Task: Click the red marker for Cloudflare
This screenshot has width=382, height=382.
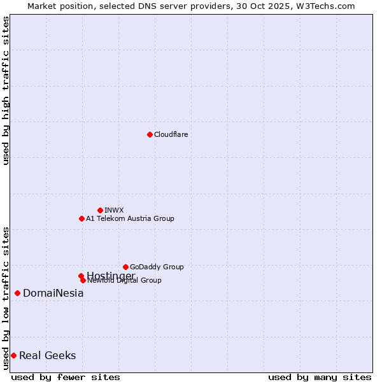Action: (x=150, y=134)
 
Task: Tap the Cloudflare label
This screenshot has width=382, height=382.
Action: (x=171, y=134)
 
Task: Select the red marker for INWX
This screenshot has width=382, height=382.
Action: (x=100, y=210)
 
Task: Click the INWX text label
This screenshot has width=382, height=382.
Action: (x=114, y=210)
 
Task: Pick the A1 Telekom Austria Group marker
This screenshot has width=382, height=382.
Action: (x=81, y=218)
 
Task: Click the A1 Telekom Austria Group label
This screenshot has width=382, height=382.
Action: (x=130, y=218)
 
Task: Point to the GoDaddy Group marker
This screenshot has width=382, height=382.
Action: (x=125, y=267)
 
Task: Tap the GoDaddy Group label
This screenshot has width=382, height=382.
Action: (x=157, y=267)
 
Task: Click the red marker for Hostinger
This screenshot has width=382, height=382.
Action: (x=81, y=276)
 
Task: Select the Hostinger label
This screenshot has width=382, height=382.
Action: (x=111, y=275)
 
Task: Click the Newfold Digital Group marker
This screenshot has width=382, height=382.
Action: (x=83, y=280)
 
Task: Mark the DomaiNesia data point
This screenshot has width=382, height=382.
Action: (x=17, y=293)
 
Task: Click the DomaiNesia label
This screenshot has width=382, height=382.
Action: (x=53, y=294)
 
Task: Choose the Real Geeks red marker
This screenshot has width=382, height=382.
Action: (x=13, y=355)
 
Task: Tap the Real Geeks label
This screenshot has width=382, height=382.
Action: (x=47, y=355)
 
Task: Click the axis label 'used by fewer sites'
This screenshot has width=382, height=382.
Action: (x=66, y=378)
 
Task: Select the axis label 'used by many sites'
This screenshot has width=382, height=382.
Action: (x=320, y=378)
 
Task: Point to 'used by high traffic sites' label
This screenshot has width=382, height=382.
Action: (x=6, y=90)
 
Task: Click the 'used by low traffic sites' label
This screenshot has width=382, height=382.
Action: (x=6, y=297)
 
